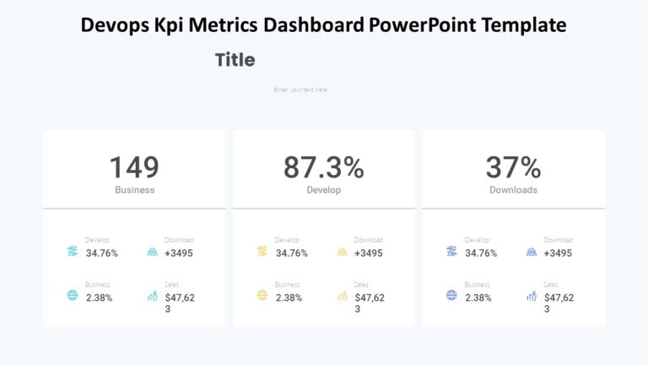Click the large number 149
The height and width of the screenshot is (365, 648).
tap(134, 167)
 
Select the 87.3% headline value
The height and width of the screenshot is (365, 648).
tap(323, 167)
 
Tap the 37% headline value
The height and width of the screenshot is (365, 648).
tap(513, 167)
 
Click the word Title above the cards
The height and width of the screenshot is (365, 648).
tap(235, 60)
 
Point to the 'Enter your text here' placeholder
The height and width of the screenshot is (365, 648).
tap(300, 90)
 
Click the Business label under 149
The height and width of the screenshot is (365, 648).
tap(134, 190)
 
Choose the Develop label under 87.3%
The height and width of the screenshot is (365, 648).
tap(323, 190)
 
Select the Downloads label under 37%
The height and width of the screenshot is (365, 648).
tap(513, 190)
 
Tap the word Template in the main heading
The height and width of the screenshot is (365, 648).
tap(523, 25)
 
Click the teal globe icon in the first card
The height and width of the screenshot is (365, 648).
tap(72, 296)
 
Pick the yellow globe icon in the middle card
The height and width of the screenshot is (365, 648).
tap(262, 296)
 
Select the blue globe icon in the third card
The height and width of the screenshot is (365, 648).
tap(451, 296)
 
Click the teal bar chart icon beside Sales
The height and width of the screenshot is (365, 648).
tap(152, 296)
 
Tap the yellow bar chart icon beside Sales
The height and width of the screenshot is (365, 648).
tap(342, 296)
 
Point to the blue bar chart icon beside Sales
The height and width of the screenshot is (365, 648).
tap(532, 296)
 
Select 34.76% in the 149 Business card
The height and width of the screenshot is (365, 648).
tap(102, 253)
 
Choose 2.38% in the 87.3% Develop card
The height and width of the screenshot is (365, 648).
tap(289, 297)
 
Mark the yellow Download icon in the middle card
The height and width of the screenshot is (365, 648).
tap(342, 252)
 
